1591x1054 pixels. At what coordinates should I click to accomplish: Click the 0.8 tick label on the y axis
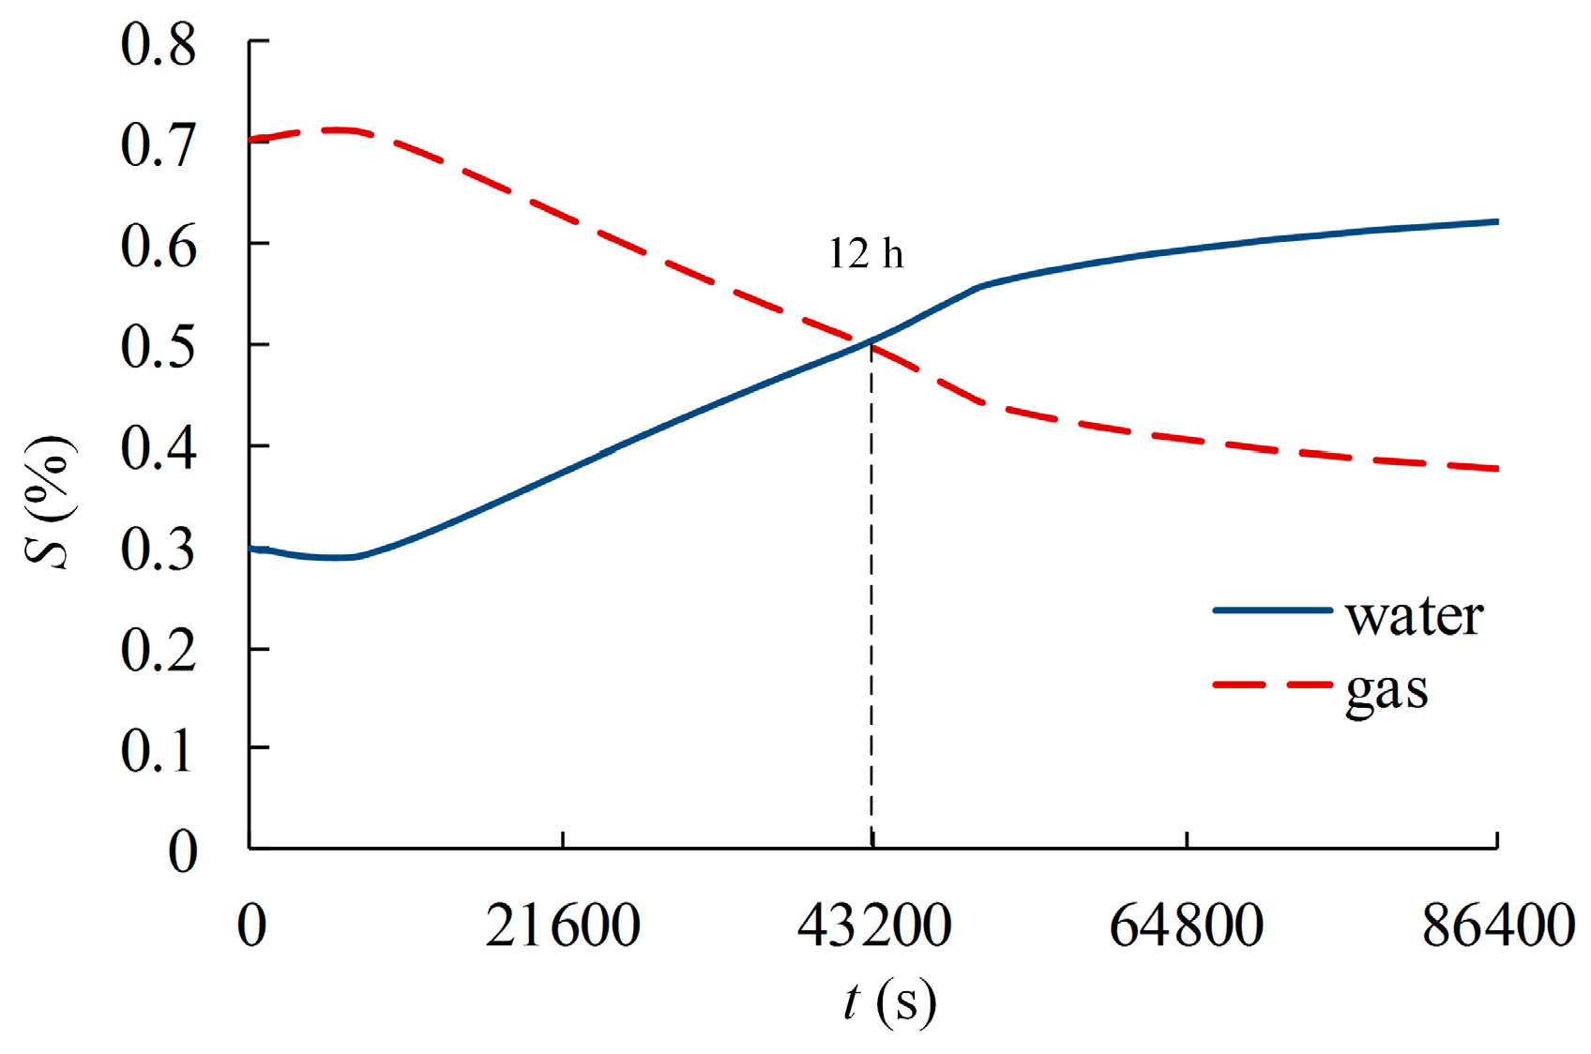pyautogui.click(x=158, y=44)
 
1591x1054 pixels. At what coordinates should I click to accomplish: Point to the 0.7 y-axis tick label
pyautogui.click(x=158, y=145)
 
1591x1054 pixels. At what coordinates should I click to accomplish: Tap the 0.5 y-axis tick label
pyautogui.click(x=158, y=346)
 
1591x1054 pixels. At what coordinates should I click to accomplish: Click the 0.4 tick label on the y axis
pyautogui.click(x=158, y=447)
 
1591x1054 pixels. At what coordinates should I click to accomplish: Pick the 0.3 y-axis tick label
pyautogui.click(x=158, y=549)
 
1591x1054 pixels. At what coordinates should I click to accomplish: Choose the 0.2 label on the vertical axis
pyautogui.click(x=158, y=649)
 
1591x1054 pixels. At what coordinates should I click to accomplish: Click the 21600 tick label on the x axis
pyautogui.click(x=563, y=926)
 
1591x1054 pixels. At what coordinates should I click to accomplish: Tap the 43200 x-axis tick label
pyautogui.click(x=874, y=926)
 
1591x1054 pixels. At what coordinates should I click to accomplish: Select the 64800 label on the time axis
pyautogui.click(x=1187, y=926)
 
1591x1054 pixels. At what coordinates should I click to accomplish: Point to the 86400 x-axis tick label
pyautogui.click(x=1498, y=926)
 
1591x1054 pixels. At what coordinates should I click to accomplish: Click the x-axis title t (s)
pyautogui.click(x=888, y=1002)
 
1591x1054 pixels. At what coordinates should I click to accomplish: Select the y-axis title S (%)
pyautogui.click(x=49, y=502)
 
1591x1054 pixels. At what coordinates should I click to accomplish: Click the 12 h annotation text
pyautogui.click(x=866, y=254)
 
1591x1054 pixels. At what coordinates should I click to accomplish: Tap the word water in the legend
pyautogui.click(x=1415, y=616)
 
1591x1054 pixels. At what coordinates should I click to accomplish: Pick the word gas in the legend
pyautogui.click(x=1386, y=691)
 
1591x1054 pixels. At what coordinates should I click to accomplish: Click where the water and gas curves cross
pyautogui.click(x=871, y=342)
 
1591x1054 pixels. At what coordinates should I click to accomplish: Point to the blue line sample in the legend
pyautogui.click(x=1272, y=610)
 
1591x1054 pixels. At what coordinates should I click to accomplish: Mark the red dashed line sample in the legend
pyautogui.click(x=1272, y=685)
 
